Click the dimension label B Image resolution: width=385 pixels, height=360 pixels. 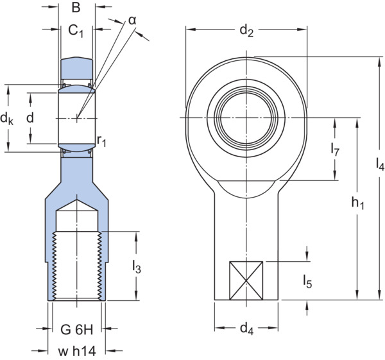click(76, 7)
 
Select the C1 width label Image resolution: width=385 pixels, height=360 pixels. click(76, 31)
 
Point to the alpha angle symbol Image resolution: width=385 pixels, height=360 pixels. click(132, 21)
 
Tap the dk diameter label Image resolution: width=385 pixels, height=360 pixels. click(6, 119)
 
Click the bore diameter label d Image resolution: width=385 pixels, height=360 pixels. click(30, 118)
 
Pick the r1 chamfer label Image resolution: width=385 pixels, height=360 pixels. click(101, 141)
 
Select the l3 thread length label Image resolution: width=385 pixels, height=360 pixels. click(137, 267)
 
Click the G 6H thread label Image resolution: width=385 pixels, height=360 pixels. click(77, 330)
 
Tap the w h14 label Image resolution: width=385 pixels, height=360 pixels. click(77, 351)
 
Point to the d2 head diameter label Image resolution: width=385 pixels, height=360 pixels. click(246, 31)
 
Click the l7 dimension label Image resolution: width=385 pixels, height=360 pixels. click(335, 150)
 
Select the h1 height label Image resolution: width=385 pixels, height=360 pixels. click(358, 203)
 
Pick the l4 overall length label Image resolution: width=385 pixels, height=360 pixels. click(380, 164)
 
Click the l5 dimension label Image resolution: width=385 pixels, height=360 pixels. click(307, 282)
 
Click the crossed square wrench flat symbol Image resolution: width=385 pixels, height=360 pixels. click(246, 280)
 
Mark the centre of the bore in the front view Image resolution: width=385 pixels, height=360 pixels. click(246, 118)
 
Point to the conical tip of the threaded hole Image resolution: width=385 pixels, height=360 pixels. click(77, 200)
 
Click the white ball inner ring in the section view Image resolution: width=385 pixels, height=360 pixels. click(77, 118)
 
